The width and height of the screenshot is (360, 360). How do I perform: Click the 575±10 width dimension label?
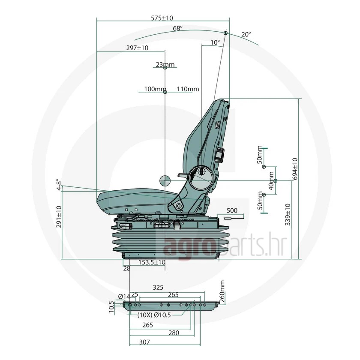[162, 18]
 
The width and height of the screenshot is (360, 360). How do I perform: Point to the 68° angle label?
[178, 28]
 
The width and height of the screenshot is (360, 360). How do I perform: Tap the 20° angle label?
[246, 34]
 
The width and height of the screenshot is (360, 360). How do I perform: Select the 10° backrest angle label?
[215, 42]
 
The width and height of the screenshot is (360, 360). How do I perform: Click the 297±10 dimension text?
[137, 48]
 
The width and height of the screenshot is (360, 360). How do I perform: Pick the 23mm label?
[165, 65]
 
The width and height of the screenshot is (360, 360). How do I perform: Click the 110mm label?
[188, 89]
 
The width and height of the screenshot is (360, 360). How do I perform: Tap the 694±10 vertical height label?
[295, 169]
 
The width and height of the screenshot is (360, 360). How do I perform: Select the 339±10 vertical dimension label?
[288, 214]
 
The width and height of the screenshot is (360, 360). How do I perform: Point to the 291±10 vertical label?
[59, 216]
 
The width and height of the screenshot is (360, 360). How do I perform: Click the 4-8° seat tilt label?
[59, 185]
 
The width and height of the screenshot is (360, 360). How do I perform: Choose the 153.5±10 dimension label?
[152, 262]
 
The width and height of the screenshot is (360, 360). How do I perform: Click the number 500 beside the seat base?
[232, 210]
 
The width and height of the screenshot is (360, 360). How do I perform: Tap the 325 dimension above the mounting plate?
[158, 287]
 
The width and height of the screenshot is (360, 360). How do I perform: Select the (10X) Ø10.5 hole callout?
[154, 315]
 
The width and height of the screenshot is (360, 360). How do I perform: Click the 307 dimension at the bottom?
[145, 342]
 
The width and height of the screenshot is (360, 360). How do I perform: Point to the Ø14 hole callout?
[124, 297]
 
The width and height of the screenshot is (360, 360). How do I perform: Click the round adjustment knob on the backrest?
[220, 155]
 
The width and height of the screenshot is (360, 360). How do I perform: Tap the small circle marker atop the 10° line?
[225, 33]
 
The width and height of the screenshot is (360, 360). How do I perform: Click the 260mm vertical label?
[222, 291]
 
